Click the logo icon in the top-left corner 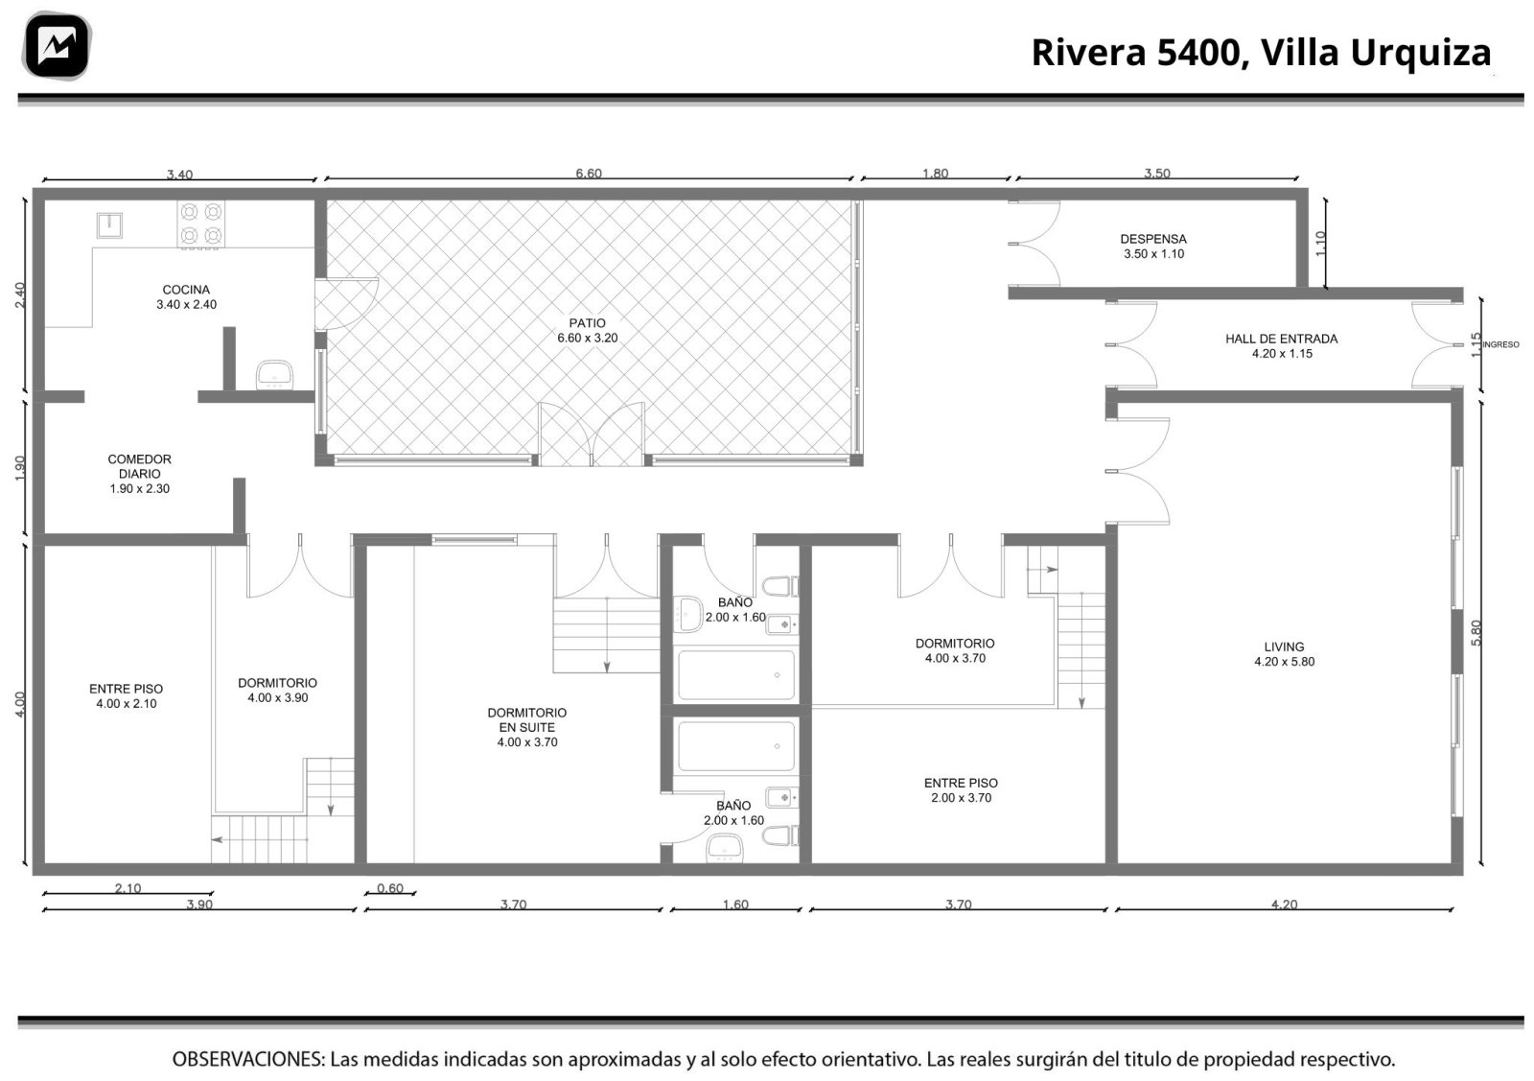[x=57, y=45]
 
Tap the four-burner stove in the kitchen [x=200, y=224]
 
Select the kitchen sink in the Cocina [x=109, y=224]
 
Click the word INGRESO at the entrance [x=1500, y=344]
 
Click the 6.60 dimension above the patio [x=589, y=174]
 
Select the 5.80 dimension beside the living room [x=1476, y=633]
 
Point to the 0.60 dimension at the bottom [x=390, y=888]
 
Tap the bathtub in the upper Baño [x=736, y=674]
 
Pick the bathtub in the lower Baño [x=736, y=746]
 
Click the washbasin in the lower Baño [x=725, y=848]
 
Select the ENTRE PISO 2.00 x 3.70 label [x=961, y=789]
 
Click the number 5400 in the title [x=1198, y=53]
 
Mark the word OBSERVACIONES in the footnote [x=248, y=1059]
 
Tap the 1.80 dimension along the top [x=935, y=174]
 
